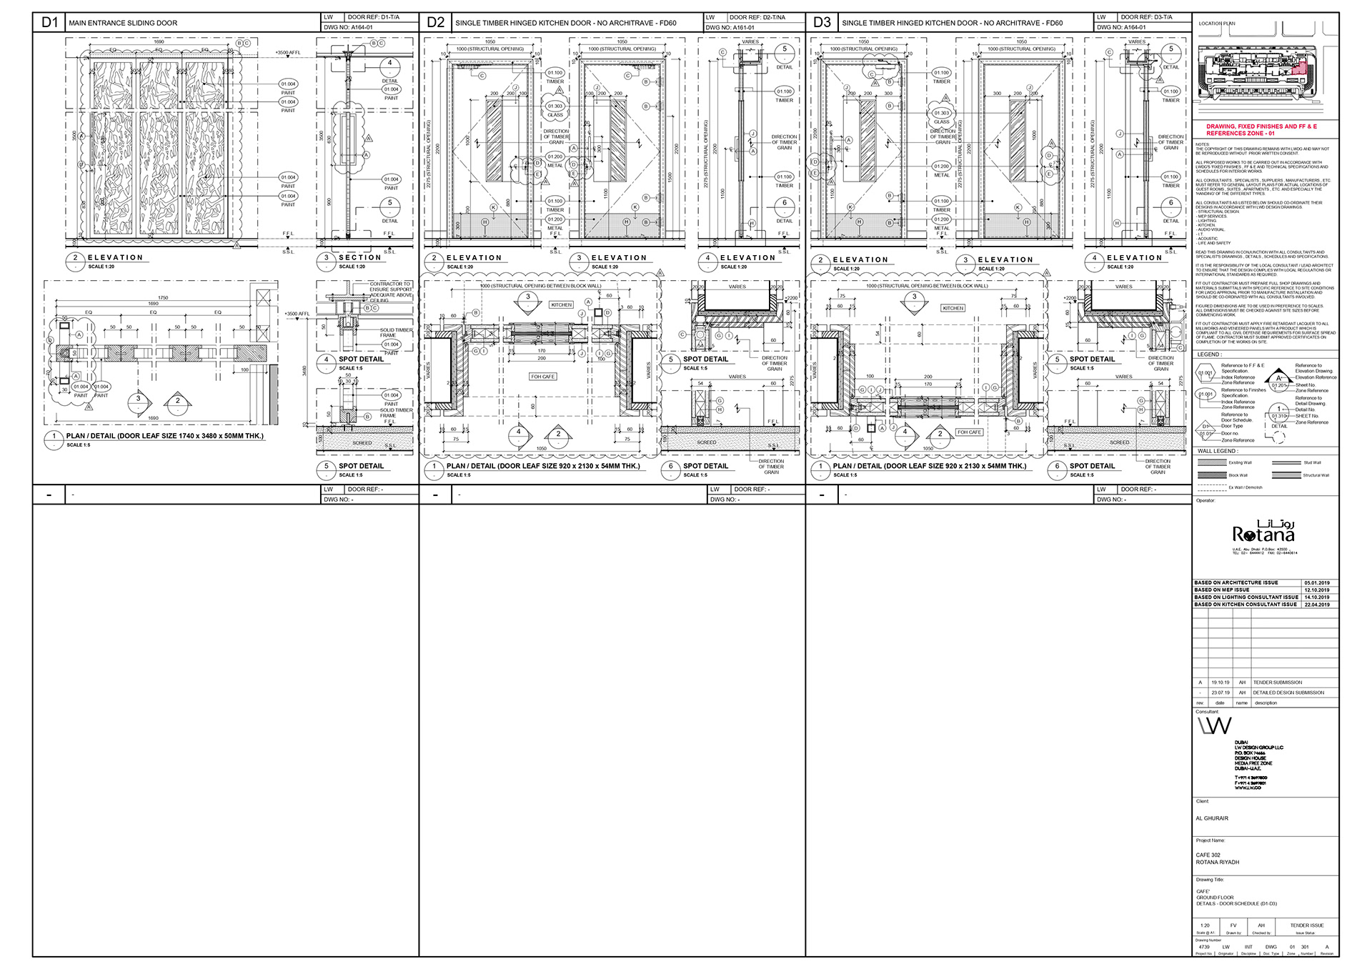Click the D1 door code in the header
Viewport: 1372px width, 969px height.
point(49,22)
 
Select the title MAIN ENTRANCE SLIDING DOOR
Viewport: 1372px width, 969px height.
point(123,23)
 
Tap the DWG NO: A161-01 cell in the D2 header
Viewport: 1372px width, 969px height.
point(730,27)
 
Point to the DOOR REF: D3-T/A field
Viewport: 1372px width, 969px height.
point(1145,17)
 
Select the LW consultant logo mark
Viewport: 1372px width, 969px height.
point(1215,726)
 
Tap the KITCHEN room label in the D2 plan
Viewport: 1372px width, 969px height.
point(561,304)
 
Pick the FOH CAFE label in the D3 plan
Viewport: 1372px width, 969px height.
point(969,432)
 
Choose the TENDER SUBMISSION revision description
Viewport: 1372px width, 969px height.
point(1278,682)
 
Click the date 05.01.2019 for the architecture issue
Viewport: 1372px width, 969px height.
point(1316,583)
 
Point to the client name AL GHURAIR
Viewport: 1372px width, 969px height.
point(1212,818)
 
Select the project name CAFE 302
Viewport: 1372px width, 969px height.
point(1208,855)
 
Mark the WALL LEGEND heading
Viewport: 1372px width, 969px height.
point(1217,451)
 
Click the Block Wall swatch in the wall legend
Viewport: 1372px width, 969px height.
point(1211,475)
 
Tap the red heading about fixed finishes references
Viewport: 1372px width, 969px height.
point(1261,129)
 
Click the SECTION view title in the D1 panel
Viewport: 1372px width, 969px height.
point(359,257)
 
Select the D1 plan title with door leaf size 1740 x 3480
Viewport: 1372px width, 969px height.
point(164,436)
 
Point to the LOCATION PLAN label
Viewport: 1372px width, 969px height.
point(1216,24)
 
